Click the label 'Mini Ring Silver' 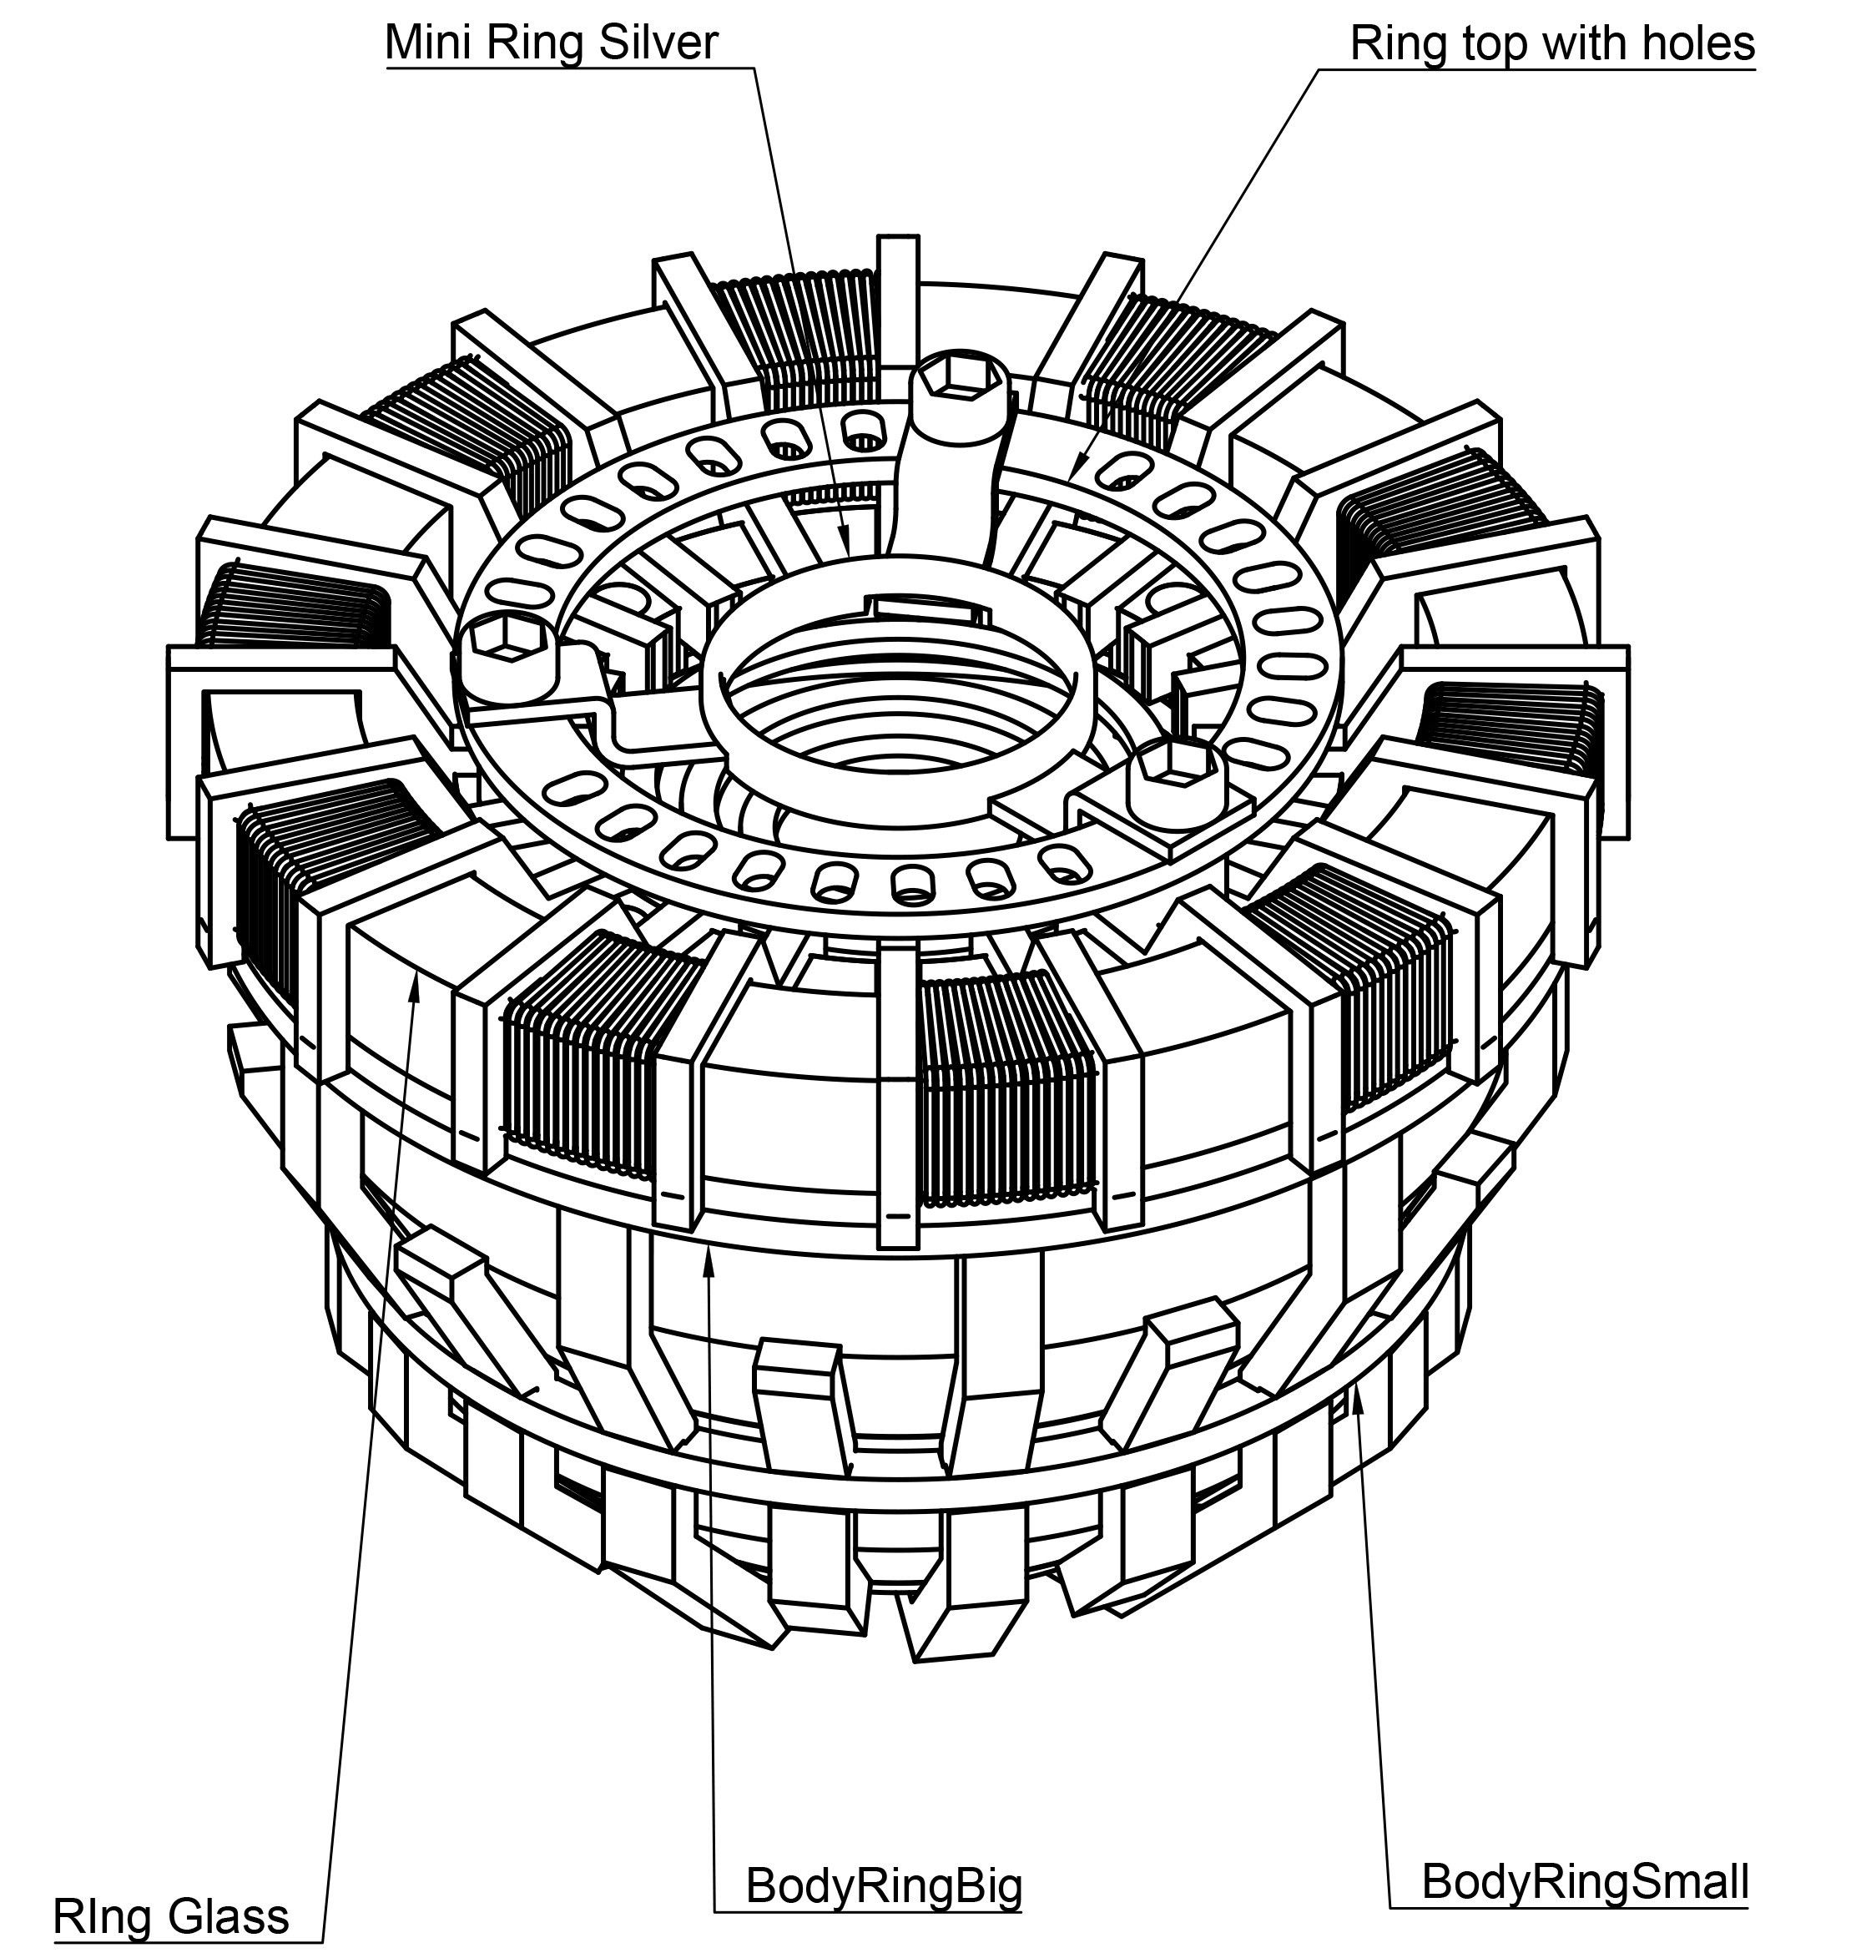pos(551,43)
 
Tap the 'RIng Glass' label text pos(170,1916)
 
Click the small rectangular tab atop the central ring pos(927,605)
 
